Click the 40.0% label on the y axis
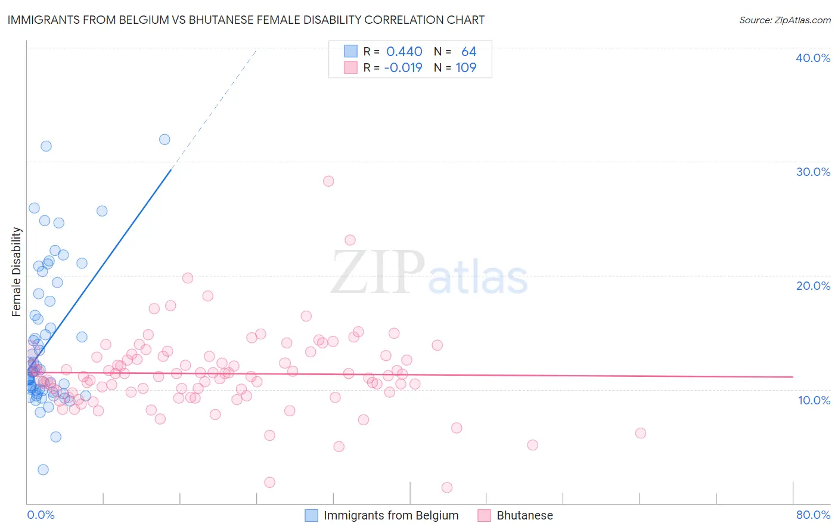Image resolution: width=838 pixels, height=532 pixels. (x=813, y=58)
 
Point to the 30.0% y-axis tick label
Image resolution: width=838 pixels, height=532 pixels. (x=813, y=172)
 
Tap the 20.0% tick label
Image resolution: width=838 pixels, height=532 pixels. (x=813, y=286)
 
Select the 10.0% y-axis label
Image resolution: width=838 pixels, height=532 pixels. (x=814, y=400)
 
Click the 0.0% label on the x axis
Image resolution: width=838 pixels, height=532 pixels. (x=41, y=515)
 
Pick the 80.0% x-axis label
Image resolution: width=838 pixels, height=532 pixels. (x=813, y=515)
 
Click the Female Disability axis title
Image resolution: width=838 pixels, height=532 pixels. (x=17, y=271)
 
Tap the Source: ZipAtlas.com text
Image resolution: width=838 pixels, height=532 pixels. (x=784, y=20)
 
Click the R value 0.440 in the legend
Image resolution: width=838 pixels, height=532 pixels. (x=404, y=52)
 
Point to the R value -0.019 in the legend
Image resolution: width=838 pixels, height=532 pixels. (x=403, y=68)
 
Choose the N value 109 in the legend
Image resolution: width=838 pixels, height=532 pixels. (x=466, y=68)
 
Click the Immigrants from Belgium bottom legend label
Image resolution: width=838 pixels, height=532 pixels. (x=391, y=515)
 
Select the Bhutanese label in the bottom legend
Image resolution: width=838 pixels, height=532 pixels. (x=524, y=515)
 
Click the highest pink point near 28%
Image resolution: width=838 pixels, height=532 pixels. (x=328, y=181)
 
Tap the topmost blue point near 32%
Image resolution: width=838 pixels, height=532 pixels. (x=165, y=140)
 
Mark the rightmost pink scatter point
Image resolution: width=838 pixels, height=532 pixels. (x=641, y=433)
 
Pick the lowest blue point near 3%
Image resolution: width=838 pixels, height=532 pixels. (x=43, y=469)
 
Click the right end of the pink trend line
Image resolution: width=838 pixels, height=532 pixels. (x=793, y=377)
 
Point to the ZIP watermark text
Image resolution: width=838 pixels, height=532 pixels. (x=378, y=273)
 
